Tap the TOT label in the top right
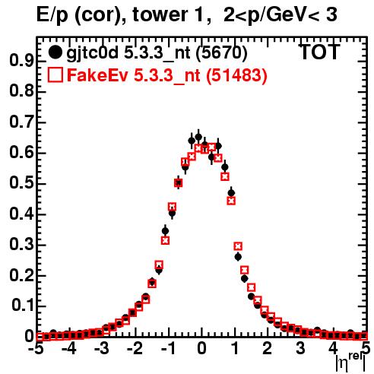(x=319, y=52)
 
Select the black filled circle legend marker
(x=55, y=52)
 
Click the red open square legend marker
(x=55, y=75)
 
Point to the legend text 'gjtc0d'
(x=92, y=54)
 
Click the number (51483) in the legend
(x=236, y=76)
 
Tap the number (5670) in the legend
(x=221, y=53)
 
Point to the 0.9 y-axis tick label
(x=21, y=61)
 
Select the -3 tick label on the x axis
(x=101, y=348)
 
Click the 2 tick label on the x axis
(x=267, y=348)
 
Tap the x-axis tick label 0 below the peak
(x=201, y=348)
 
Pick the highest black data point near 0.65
(x=198, y=137)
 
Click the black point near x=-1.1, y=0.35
(x=165, y=231)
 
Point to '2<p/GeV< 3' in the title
(x=280, y=15)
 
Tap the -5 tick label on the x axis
(x=37, y=348)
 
